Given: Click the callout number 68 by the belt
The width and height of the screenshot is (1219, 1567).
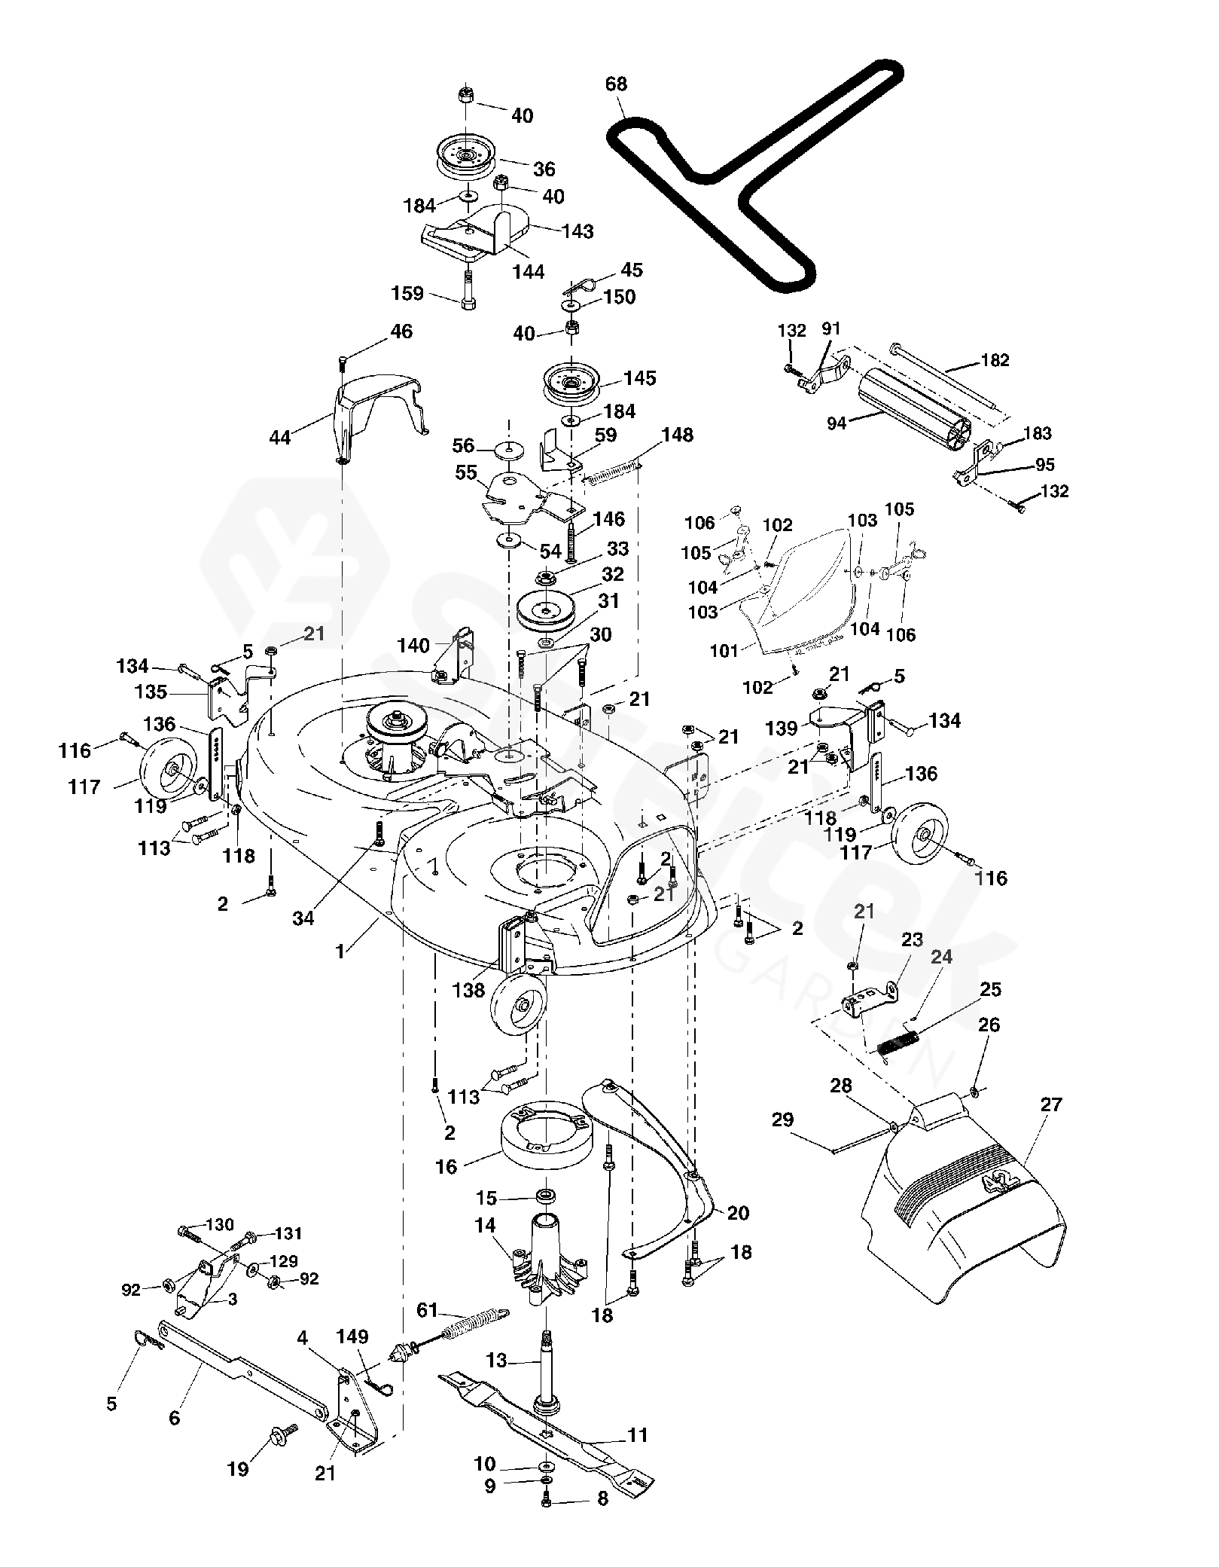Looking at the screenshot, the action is click(x=616, y=84).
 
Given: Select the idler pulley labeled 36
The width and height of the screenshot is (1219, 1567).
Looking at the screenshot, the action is click(x=465, y=158).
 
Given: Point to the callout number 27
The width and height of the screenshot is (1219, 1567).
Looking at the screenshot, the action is click(x=1050, y=1104).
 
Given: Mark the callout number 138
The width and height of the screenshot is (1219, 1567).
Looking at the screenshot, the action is click(x=468, y=989).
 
